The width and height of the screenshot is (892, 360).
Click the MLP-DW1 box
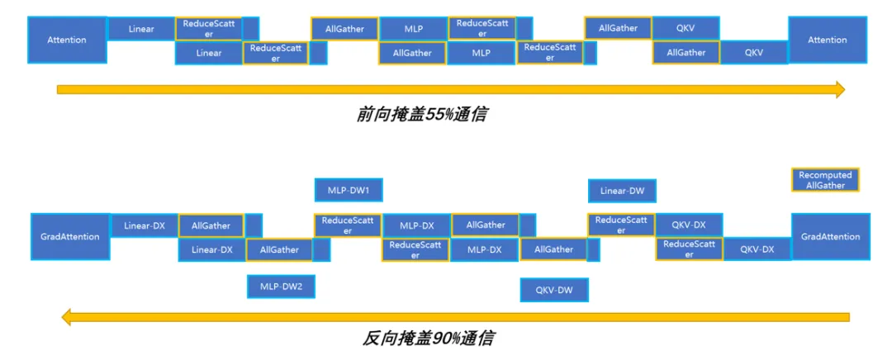point(348,190)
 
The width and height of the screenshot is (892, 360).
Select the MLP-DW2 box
point(281,287)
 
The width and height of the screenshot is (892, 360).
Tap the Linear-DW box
point(622,191)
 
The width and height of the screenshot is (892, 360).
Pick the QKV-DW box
point(553,290)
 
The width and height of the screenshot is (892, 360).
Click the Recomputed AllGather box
point(825,180)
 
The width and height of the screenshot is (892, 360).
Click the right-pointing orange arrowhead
point(839,89)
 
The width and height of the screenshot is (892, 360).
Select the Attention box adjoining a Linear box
point(67,40)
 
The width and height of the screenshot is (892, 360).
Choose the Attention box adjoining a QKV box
point(827,40)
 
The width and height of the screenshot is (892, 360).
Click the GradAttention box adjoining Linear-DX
point(69,237)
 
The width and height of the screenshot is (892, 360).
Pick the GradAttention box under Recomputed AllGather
point(830,237)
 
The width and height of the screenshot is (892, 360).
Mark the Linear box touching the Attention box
point(141,30)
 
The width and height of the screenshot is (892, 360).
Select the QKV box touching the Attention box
point(753,52)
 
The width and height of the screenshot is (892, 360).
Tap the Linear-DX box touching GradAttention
point(144,225)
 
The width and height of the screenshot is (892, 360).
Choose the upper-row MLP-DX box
point(416,225)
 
